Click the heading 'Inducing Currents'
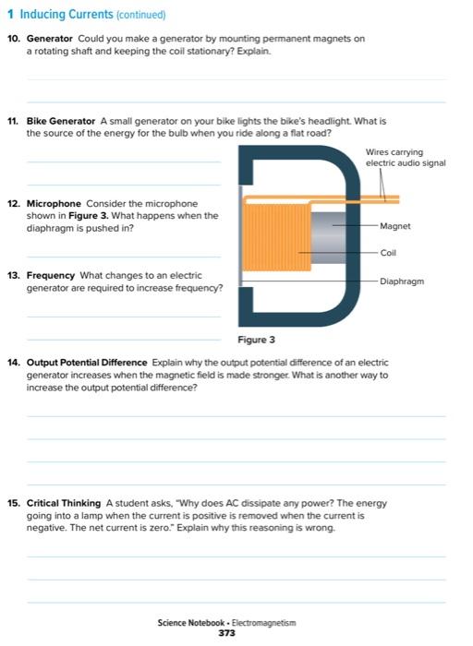pyautogui.click(x=67, y=14)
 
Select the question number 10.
pyautogui.click(x=14, y=39)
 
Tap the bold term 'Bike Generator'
pyautogui.click(x=61, y=121)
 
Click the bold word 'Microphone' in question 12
pyautogui.click(x=54, y=204)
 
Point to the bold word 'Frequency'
pyautogui.click(x=50, y=275)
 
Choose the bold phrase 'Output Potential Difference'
pyautogui.click(x=87, y=363)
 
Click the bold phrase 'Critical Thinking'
pyautogui.click(x=64, y=503)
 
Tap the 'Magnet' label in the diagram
pyautogui.click(x=395, y=226)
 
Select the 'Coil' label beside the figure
pyautogui.click(x=388, y=253)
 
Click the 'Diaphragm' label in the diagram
pyautogui.click(x=402, y=281)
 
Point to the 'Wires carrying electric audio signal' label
pyautogui.click(x=406, y=158)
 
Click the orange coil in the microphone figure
pyautogui.click(x=276, y=238)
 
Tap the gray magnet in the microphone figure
pyautogui.click(x=328, y=238)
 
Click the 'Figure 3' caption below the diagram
pyautogui.click(x=256, y=340)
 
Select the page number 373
pyautogui.click(x=227, y=633)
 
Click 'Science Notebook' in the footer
pyautogui.click(x=191, y=623)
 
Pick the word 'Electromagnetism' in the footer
pyautogui.click(x=263, y=623)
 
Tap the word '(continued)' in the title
pyautogui.click(x=141, y=15)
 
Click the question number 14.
pyautogui.click(x=14, y=363)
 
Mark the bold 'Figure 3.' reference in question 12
pyautogui.click(x=89, y=215)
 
